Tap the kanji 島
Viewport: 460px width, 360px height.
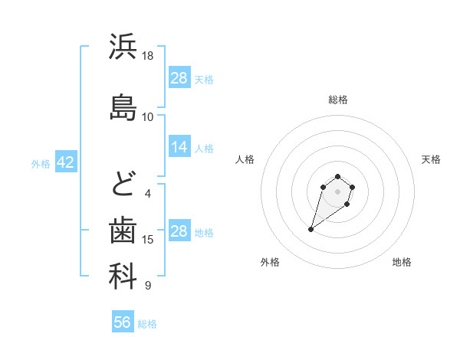point(123,106)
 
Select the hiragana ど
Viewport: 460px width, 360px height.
point(123,184)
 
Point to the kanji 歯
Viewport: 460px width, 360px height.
point(123,230)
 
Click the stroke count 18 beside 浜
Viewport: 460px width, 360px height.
point(148,56)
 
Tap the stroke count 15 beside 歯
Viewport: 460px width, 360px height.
point(148,240)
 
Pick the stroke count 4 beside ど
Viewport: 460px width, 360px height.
point(148,193)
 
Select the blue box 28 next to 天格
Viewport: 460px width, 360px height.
point(179,77)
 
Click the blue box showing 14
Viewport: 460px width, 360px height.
point(179,147)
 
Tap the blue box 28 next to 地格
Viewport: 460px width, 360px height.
point(179,231)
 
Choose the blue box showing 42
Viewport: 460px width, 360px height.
point(65,162)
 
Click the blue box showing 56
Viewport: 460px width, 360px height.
point(122,322)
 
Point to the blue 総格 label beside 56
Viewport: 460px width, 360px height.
point(147,324)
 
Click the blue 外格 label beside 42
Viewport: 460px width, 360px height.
point(41,164)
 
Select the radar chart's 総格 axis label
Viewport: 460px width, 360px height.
point(338,100)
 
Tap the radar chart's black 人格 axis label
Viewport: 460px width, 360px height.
point(245,159)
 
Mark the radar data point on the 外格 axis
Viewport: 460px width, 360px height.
point(311,228)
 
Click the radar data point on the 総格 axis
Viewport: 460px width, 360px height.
point(338,175)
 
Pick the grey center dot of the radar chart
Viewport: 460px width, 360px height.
point(338,191)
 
